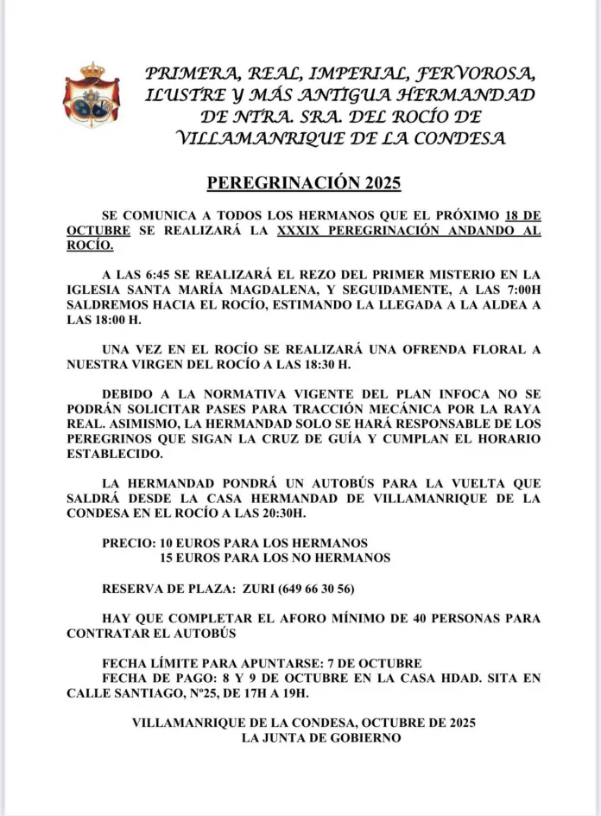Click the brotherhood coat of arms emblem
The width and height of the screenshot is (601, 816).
[91, 95]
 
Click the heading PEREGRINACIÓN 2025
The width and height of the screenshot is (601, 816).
[304, 183]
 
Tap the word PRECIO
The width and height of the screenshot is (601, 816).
[128, 543]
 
